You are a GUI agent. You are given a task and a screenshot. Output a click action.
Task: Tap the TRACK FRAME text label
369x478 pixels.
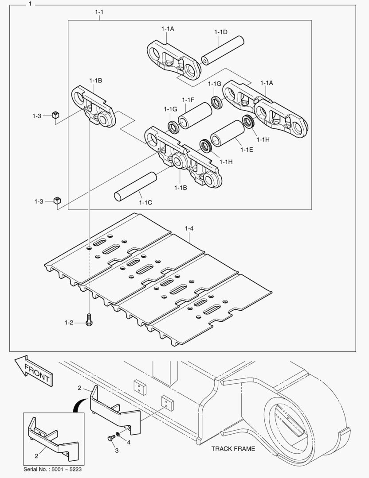coord(233,449)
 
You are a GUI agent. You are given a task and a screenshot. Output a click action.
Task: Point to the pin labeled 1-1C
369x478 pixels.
coord(135,186)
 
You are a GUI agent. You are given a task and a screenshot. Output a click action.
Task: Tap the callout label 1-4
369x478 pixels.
coord(189,229)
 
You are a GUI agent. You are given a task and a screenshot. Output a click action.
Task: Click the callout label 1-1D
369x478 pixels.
coord(220,32)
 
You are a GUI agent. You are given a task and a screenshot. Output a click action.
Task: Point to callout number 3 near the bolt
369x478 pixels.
coord(117,451)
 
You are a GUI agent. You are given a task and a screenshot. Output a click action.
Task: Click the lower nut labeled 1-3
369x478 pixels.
coord(56,200)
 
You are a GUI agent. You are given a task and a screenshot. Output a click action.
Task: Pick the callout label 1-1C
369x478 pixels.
coord(145,202)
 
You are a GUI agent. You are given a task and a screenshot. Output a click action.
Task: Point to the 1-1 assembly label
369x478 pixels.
coord(99,12)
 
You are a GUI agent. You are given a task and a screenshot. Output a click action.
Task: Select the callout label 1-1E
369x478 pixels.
coord(247,150)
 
